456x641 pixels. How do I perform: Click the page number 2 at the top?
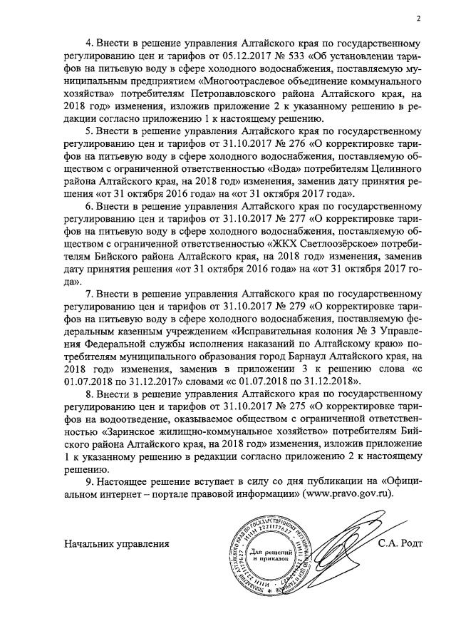coord(420,19)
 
